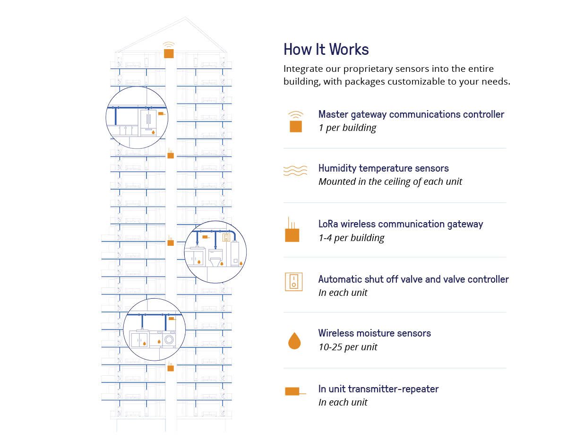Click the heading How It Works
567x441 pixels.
326,50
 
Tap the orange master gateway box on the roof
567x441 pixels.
169,52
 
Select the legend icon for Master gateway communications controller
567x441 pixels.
296,126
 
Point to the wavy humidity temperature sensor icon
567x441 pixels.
295,171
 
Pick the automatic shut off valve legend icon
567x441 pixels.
293,282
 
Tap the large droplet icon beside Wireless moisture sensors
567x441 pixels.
294,340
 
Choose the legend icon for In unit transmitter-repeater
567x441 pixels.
293,391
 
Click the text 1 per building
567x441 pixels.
347,128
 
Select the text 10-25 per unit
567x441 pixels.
348,347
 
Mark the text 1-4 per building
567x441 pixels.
351,238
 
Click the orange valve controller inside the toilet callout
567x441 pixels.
226,237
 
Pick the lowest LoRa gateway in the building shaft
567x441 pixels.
171,368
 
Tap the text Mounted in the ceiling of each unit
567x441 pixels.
390,182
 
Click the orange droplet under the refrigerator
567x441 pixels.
153,133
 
